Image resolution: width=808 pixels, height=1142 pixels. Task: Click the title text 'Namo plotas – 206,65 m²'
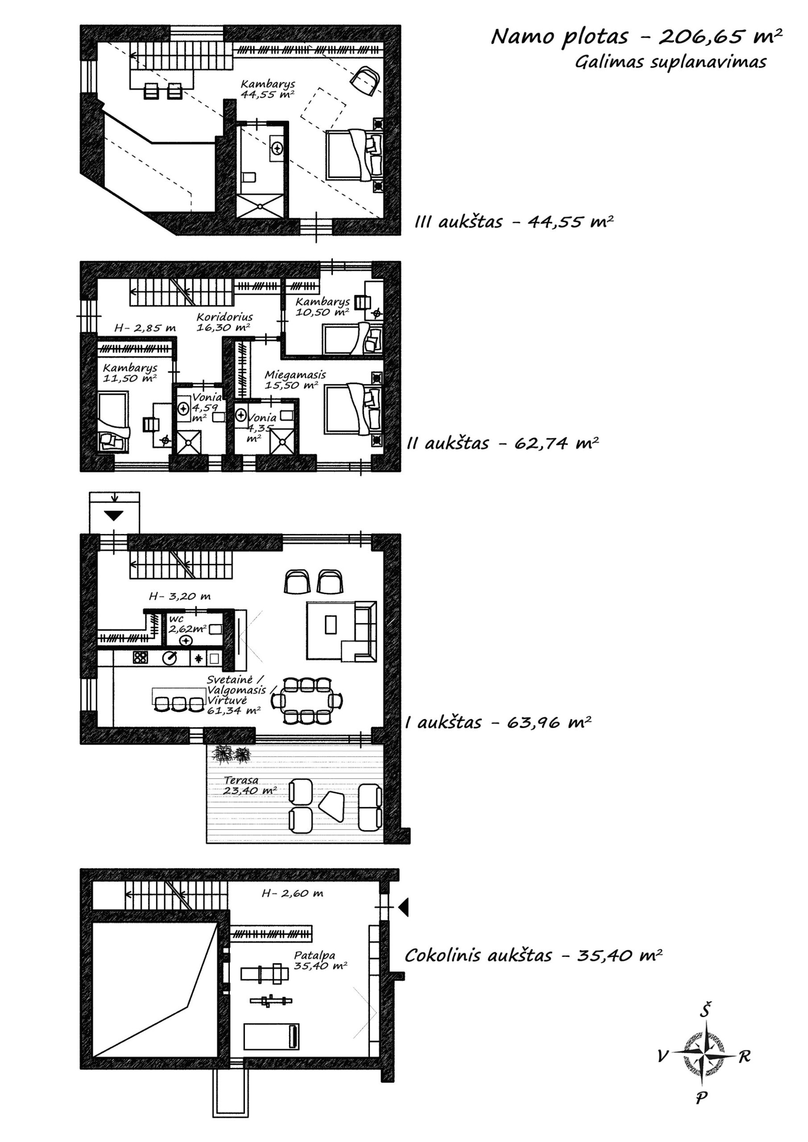636,37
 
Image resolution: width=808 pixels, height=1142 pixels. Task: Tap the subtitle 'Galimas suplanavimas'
670,62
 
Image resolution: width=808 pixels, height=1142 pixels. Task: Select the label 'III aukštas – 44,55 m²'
514,222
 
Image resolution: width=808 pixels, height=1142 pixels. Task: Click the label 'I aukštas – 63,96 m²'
498,722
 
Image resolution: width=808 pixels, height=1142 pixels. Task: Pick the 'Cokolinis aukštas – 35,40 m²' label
533,956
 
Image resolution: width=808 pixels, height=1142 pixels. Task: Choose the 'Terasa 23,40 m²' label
250,786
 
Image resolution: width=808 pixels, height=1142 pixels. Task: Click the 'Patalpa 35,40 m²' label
320,960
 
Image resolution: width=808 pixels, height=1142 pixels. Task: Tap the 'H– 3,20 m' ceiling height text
180,596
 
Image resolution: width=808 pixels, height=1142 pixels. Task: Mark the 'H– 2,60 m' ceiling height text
293,894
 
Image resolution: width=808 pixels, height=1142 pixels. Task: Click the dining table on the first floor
307,700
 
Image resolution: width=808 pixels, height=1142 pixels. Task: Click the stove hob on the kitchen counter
140,658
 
